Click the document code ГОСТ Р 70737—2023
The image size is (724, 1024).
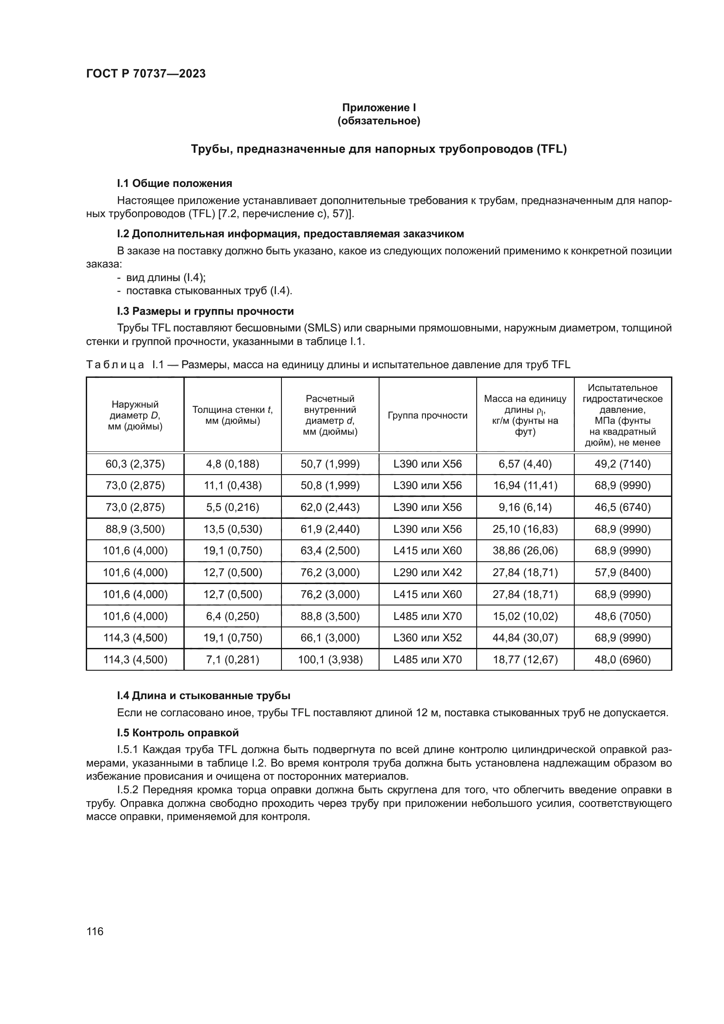(146, 74)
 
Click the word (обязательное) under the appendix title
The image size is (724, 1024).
(379, 121)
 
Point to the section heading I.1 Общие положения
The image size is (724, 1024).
(174, 183)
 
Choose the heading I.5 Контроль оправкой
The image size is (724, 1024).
(178, 733)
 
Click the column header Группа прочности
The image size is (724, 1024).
(428, 415)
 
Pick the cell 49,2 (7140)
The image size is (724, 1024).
(622, 464)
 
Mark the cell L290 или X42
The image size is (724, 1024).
(428, 573)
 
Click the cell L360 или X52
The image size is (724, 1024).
(428, 638)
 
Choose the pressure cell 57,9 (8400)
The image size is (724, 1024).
(622, 573)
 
